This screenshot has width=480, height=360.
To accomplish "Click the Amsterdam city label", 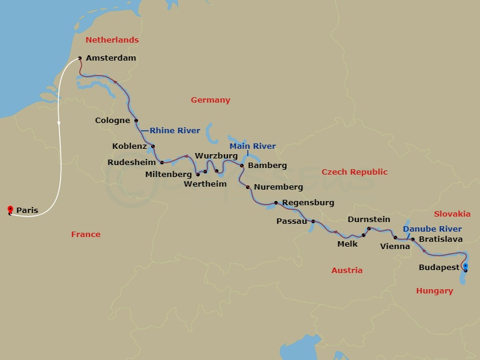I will [x=111, y=58].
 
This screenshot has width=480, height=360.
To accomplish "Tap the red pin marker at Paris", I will [x=10, y=209].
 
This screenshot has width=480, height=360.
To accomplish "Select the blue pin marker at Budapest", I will [x=465, y=267].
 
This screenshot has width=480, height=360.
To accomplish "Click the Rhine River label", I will [x=175, y=130].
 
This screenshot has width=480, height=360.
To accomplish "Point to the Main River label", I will [x=253, y=146].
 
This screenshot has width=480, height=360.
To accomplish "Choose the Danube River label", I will [x=433, y=229].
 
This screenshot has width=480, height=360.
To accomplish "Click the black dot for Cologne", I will [x=136, y=120].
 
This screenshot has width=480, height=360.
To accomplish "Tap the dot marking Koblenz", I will [x=153, y=146].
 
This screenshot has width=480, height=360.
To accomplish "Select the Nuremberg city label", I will [x=278, y=187].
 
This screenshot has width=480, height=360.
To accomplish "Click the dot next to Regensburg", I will [x=276, y=203].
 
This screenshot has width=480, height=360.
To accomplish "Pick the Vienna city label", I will [x=395, y=246].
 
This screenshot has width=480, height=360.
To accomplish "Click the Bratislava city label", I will [x=441, y=239].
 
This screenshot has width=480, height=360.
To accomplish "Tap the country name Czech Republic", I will [x=355, y=172].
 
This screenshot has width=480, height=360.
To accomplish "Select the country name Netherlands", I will [x=112, y=40].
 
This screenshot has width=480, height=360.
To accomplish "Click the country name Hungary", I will [x=434, y=291].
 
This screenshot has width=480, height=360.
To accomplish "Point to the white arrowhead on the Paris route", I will [x=59, y=123].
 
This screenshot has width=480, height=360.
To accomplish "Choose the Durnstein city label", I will [x=369, y=220].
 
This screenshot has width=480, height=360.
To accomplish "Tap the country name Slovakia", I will [x=452, y=214].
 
